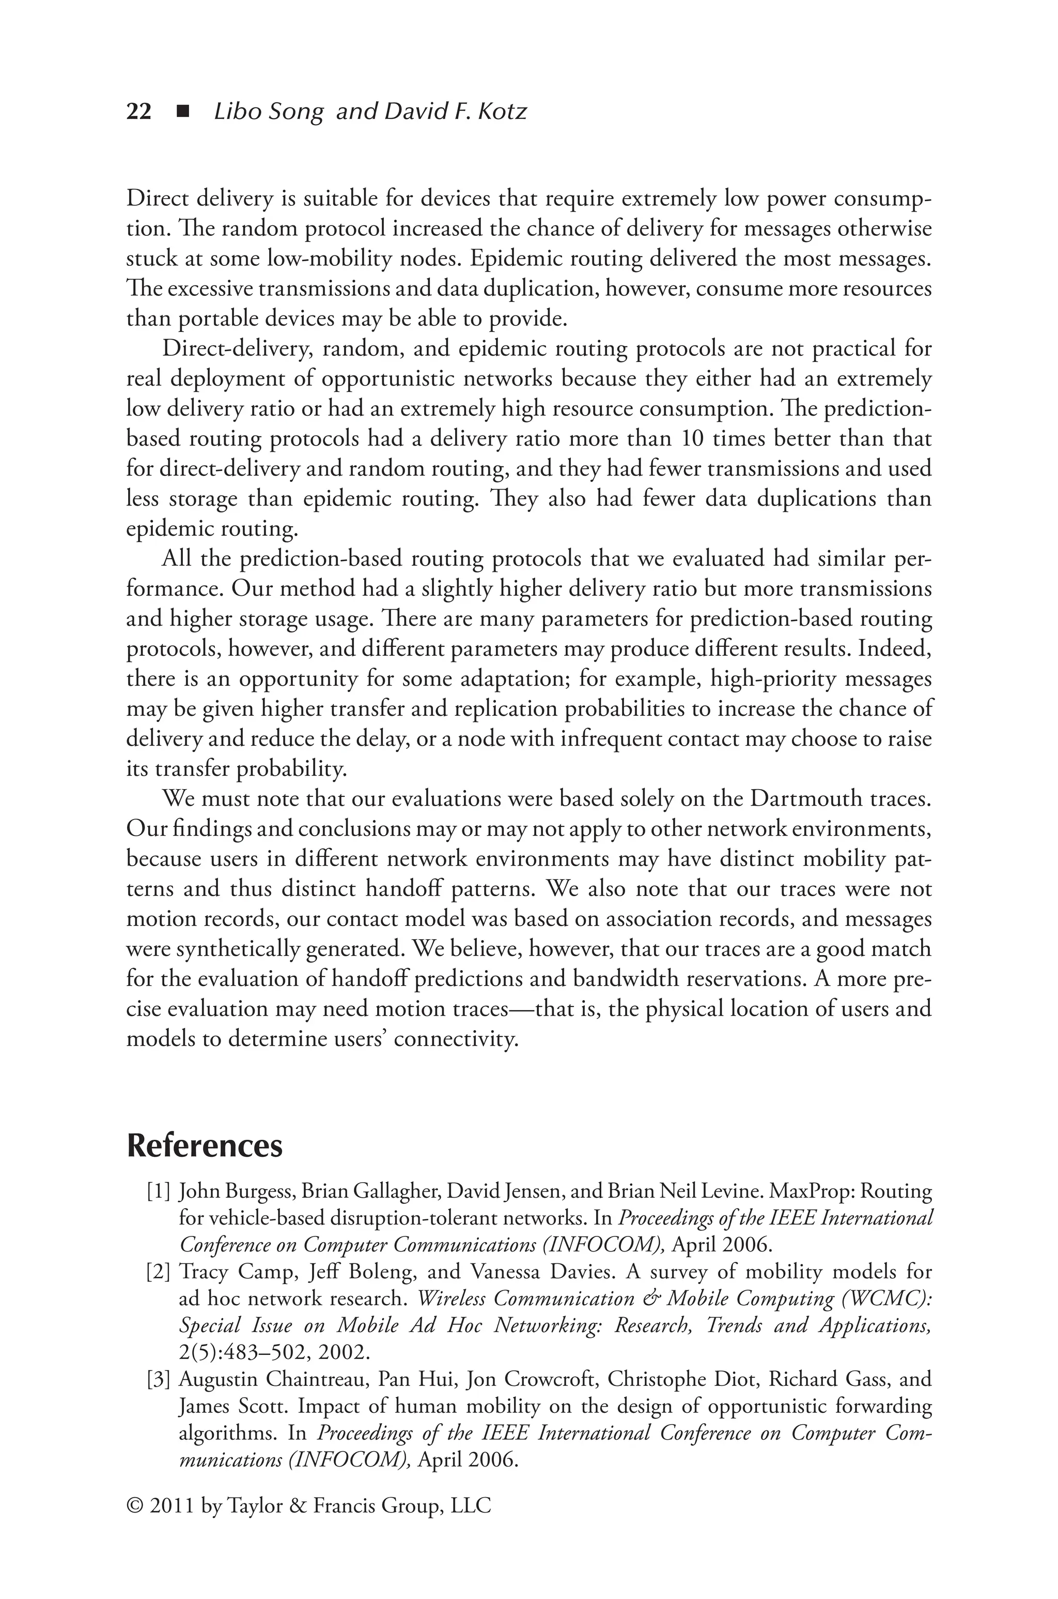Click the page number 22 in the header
[139, 111]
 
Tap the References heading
[205, 1146]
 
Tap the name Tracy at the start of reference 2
[203, 1272]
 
